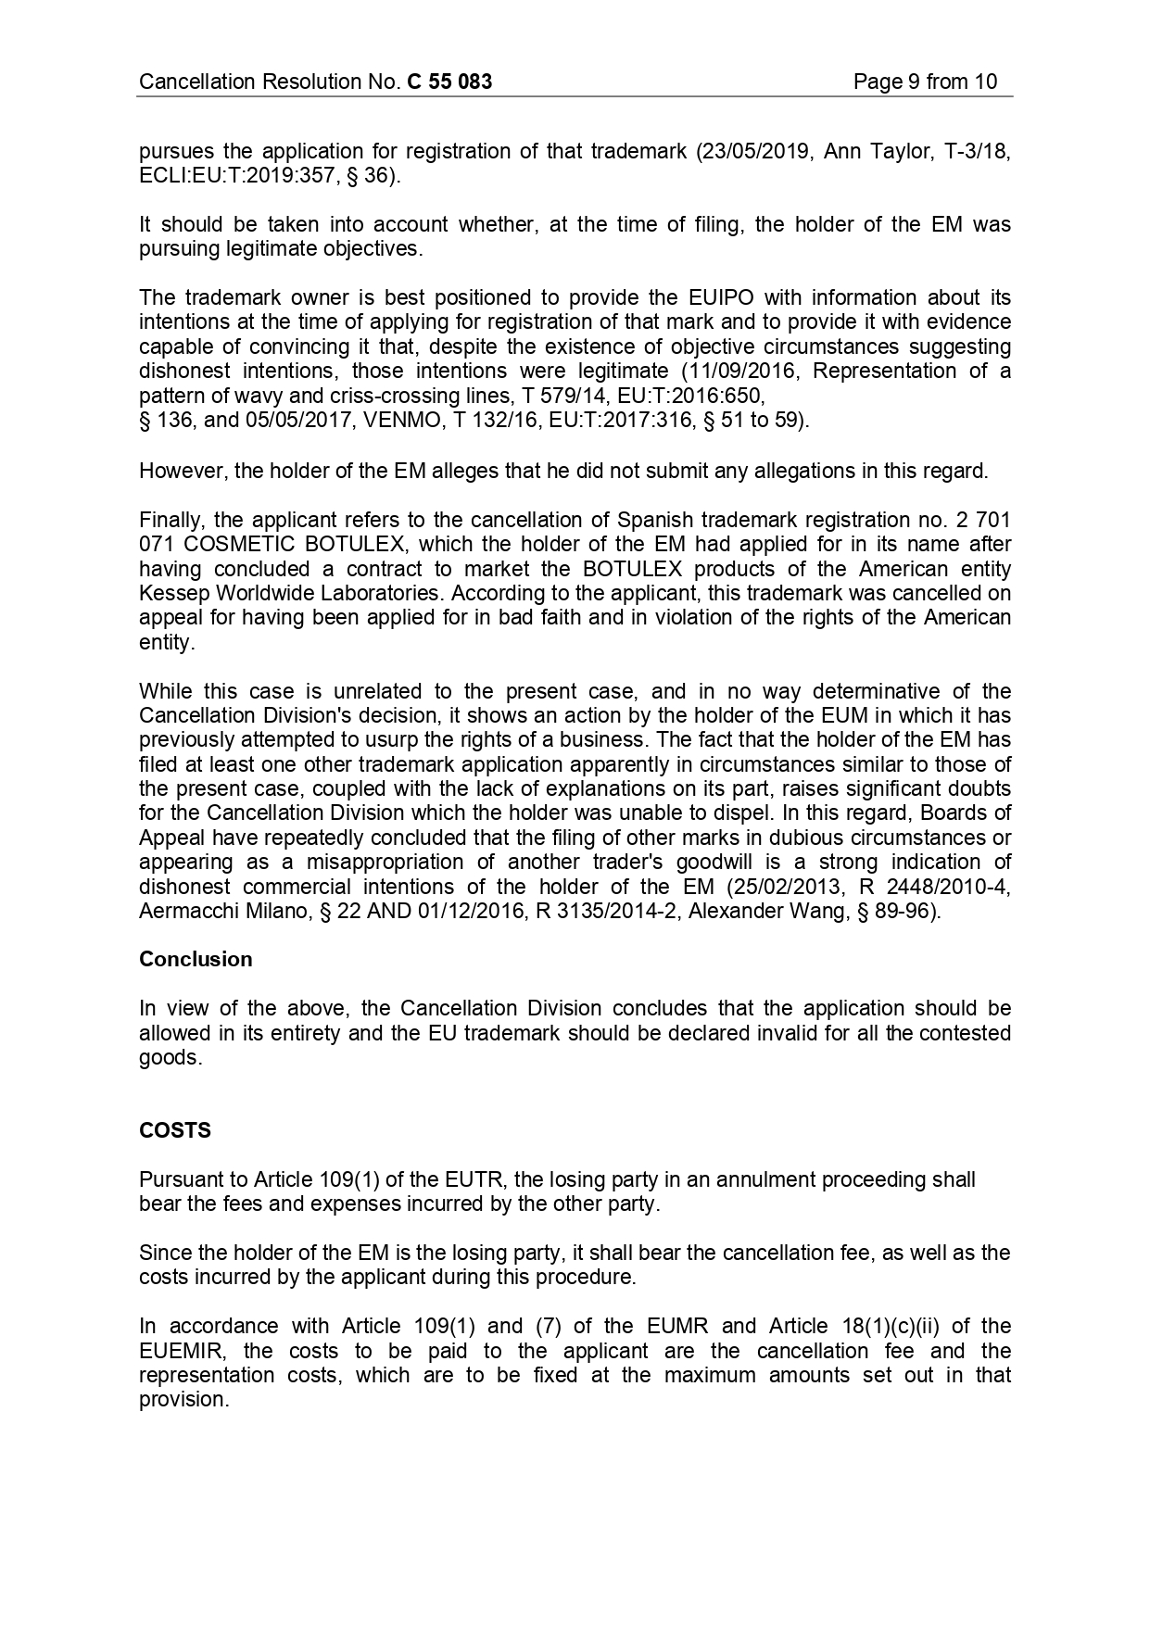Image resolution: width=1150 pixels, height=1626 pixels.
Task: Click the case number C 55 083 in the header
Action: pos(449,82)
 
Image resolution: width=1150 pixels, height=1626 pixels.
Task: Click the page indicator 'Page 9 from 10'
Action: pos(925,82)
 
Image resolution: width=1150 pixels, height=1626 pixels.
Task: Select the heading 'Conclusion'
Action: pos(196,959)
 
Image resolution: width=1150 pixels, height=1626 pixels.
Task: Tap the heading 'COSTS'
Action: pos(175,1130)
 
